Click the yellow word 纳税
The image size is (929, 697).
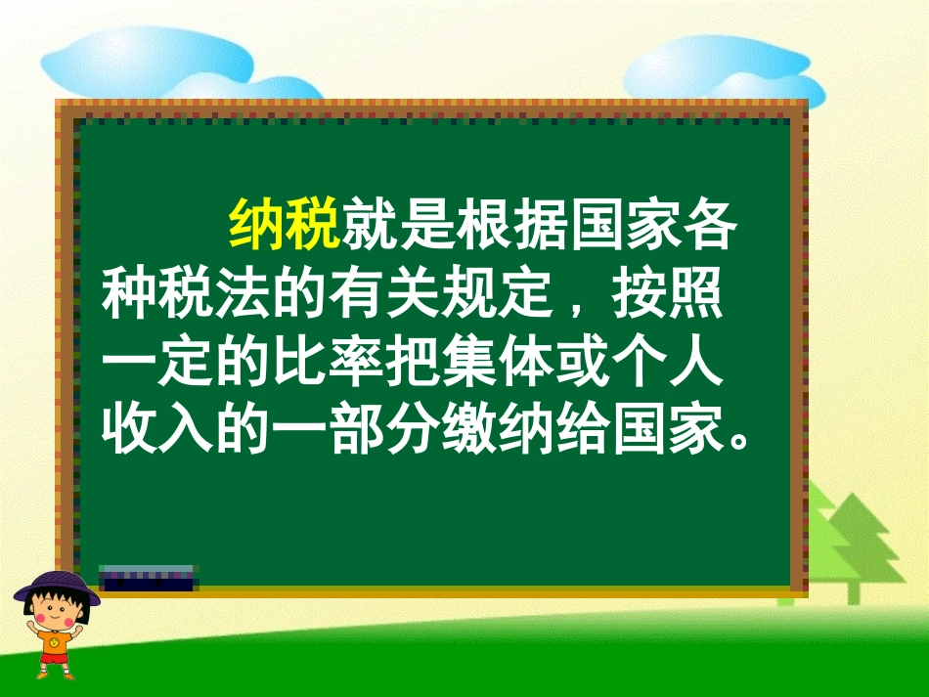pos(284,226)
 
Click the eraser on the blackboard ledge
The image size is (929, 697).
pos(147,577)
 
